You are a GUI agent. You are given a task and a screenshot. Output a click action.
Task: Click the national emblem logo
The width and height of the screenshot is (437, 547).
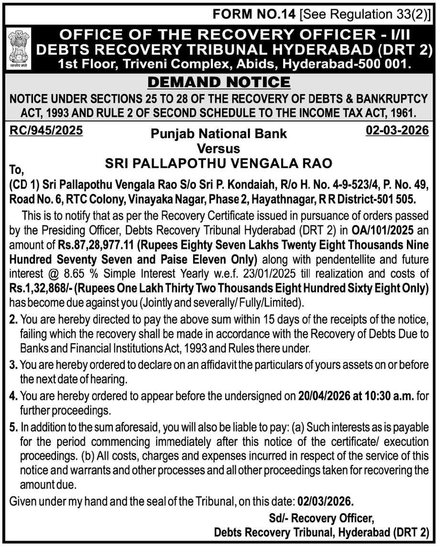pyautogui.click(x=19, y=46)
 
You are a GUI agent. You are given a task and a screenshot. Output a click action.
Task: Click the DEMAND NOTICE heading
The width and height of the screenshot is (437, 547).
pyautogui.click(x=218, y=82)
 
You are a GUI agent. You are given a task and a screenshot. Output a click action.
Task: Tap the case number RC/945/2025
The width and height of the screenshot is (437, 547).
pyautogui.click(x=46, y=130)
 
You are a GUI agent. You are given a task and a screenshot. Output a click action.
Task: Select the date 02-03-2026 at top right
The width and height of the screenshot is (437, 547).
pyautogui.click(x=397, y=130)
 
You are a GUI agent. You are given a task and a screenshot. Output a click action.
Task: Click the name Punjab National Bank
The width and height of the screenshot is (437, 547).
pyautogui.click(x=218, y=133)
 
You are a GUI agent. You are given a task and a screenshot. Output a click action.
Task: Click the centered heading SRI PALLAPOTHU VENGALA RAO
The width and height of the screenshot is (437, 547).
pyautogui.click(x=218, y=163)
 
